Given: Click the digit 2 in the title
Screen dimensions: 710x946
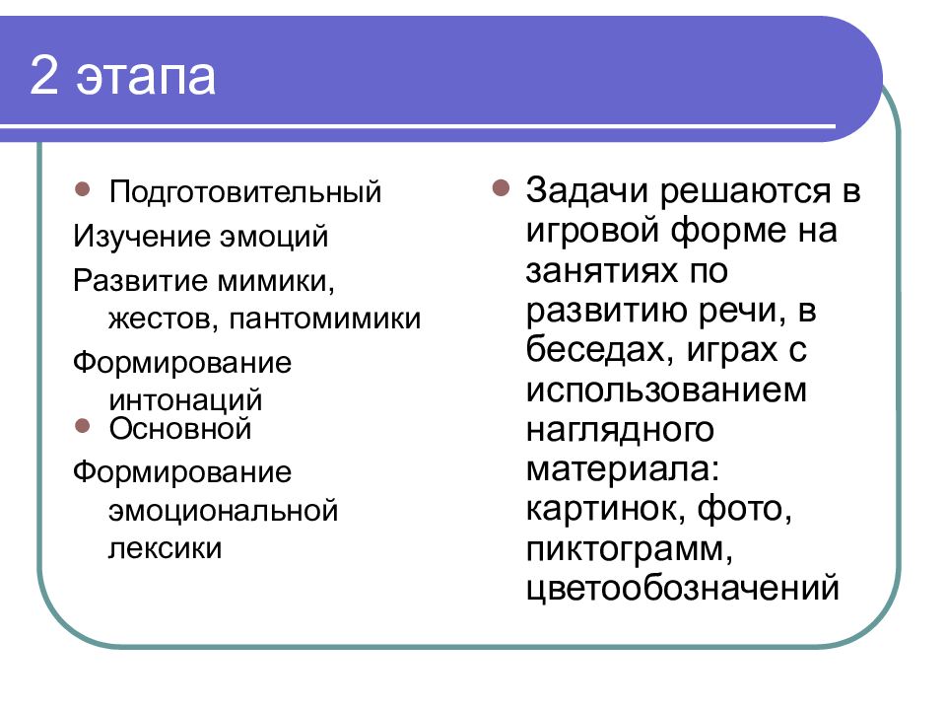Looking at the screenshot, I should click(44, 78).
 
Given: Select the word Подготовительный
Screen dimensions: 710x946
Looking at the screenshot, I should click(245, 191).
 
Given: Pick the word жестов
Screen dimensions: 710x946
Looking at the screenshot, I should click(152, 319).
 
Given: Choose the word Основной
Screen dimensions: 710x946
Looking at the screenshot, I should click(181, 429).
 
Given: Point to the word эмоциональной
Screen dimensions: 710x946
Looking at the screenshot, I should click(224, 511).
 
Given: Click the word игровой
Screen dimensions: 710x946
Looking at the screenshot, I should click(591, 232).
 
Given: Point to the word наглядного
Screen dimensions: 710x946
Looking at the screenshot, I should click(619, 430).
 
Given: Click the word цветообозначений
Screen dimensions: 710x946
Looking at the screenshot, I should click(683, 589).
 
